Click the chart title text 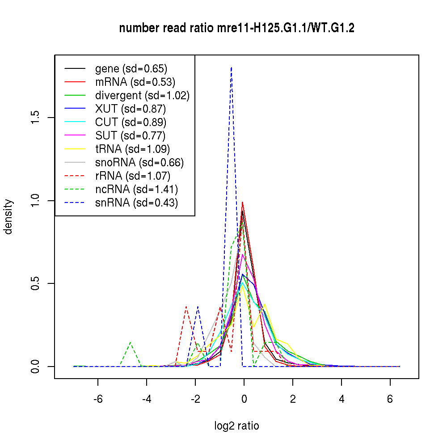tap(237, 29)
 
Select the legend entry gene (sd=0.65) tap(131, 69)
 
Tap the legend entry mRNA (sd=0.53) tap(135, 82)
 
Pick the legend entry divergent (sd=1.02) tap(142, 96)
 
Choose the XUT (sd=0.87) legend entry tap(131, 109)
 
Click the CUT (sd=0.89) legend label tap(131, 122)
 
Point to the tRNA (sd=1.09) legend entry tap(132, 149)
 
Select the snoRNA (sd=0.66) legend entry tap(139, 163)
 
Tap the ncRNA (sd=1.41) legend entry tap(137, 190)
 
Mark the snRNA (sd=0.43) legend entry tap(136, 203)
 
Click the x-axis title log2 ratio tap(236, 426)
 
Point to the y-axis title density tap(8, 217)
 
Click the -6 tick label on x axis tap(97, 399)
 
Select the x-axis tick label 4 tap(342, 399)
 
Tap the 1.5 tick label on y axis tap(35, 118)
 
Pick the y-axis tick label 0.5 tap(35, 283)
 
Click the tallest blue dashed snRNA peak tap(231, 68)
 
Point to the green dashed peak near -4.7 tap(130, 342)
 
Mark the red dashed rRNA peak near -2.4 tap(186, 307)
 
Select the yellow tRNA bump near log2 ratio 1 tap(265, 304)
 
